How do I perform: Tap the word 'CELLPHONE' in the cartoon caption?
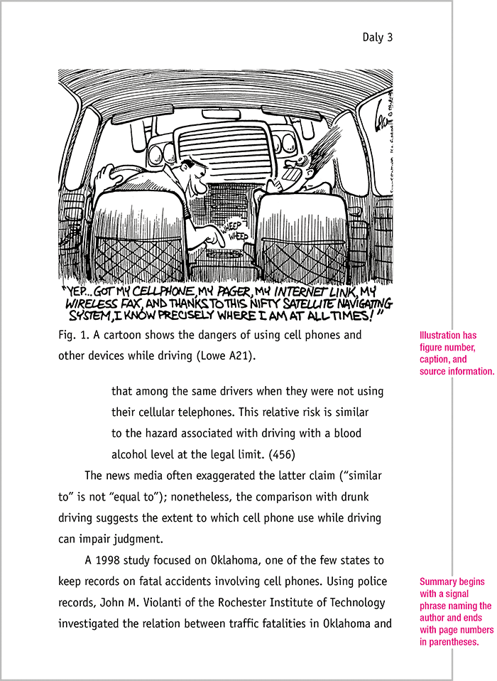[x=165, y=293]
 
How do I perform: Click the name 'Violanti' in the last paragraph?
[x=183, y=603]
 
